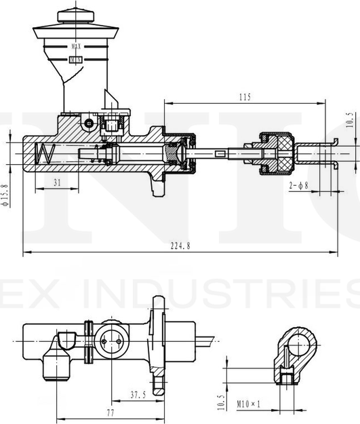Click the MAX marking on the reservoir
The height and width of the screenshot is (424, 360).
[77, 46]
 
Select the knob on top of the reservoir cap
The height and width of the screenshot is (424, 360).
[74, 14]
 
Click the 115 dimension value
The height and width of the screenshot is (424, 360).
[245, 98]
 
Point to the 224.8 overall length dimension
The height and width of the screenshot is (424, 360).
[180, 246]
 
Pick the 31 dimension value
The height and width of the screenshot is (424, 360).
[56, 181]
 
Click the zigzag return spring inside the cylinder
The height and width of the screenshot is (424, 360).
[45, 154]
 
